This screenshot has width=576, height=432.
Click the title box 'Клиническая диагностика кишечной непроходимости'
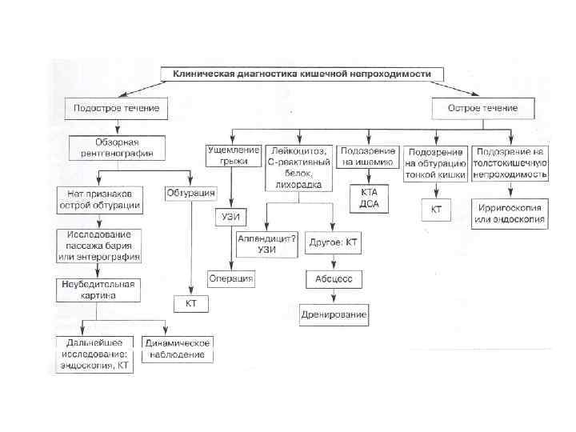tap(302, 74)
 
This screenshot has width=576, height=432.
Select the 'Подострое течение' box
tap(116, 108)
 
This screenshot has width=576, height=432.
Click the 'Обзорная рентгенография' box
tap(117, 147)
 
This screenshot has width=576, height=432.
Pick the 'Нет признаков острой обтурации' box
tap(99, 199)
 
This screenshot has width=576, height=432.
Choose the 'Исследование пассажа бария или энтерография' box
tap(99, 245)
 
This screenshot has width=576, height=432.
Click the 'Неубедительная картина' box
tap(99, 290)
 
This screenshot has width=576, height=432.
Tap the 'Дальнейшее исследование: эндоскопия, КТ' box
tap(94, 354)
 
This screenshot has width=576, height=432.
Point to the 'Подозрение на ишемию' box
tap(367, 156)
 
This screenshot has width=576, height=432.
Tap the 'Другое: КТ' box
tap(332, 242)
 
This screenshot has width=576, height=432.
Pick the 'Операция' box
tap(232, 278)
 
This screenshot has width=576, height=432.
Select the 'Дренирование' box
tap(334, 314)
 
